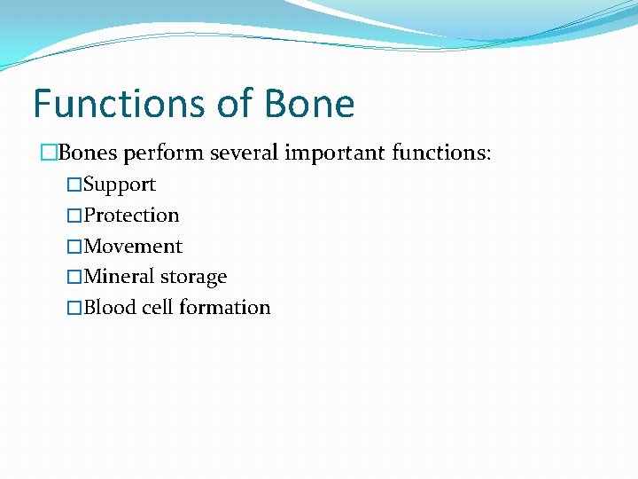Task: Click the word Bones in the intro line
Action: [88, 153]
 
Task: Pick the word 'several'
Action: [244, 153]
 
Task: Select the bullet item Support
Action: [120, 185]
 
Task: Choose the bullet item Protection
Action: [131, 216]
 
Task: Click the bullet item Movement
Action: [133, 247]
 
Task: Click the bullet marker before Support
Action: [74, 185]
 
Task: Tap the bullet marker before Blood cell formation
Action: [74, 308]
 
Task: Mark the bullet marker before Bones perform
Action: [49, 153]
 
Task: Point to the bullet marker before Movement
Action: [74, 247]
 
